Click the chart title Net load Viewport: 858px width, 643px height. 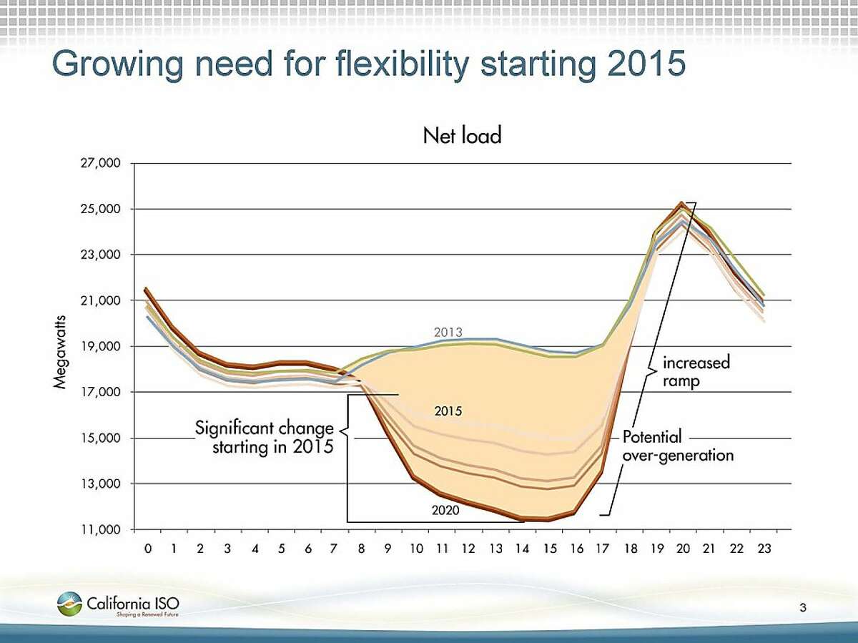click(x=462, y=135)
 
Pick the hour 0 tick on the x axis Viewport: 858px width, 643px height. click(x=148, y=549)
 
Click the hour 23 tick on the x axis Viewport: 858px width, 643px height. click(x=763, y=549)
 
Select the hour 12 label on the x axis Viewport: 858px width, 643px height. click(x=468, y=549)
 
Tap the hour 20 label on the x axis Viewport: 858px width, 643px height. click(x=683, y=549)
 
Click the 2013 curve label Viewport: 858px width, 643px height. click(x=448, y=332)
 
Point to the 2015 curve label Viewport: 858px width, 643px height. click(x=448, y=411)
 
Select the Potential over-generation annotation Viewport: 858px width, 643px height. click(x=677, y=445)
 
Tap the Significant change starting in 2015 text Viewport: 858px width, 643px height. click(x=264, y=438)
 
